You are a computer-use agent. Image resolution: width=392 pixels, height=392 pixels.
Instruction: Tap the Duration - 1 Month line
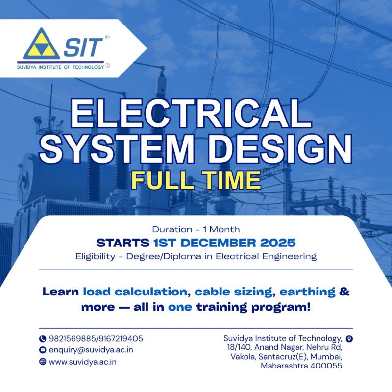(196, 229)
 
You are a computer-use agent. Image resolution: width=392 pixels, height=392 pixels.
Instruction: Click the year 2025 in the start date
(275, 242)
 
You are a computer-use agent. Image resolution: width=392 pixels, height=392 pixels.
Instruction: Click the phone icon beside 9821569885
(43, 339)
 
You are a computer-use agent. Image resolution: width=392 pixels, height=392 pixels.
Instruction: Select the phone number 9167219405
(120, 338)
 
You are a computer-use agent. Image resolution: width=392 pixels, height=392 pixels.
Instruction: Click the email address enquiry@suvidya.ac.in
(91, 350)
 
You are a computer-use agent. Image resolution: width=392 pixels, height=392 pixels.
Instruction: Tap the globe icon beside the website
(43, 362)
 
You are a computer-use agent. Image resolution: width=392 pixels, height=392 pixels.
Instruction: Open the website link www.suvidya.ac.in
(83, 362)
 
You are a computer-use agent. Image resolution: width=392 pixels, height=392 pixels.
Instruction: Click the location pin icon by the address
(349, 339)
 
